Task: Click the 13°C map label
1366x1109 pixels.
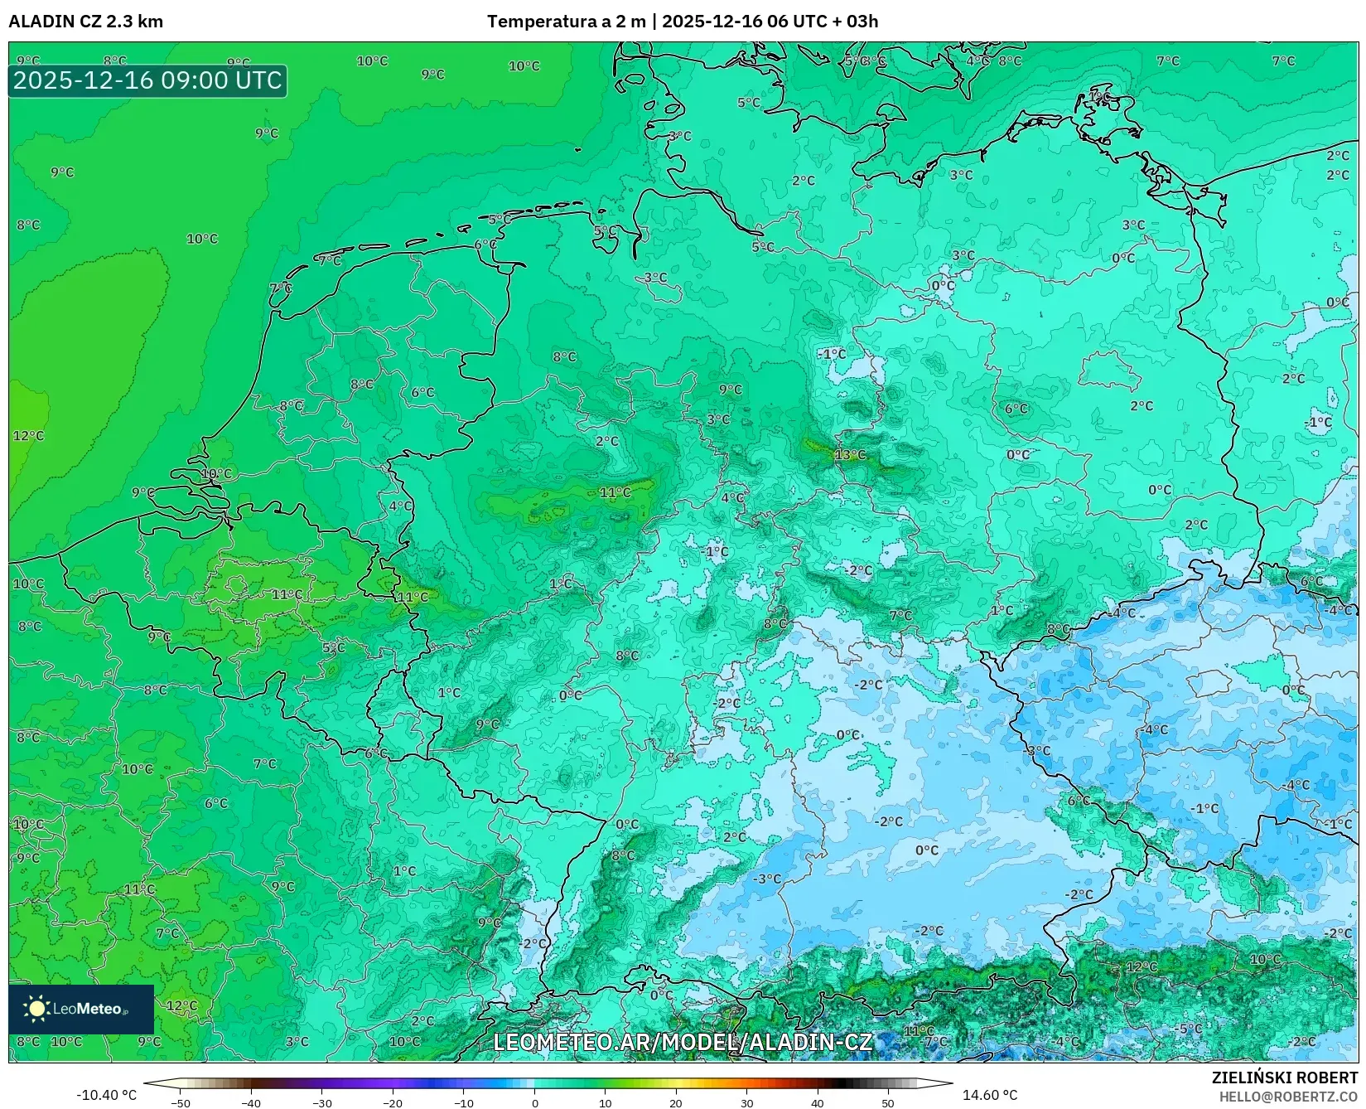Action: pos(850,455)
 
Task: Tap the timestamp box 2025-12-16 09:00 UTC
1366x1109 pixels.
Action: pos(148,80)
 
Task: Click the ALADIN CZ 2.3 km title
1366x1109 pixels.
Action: pos(85,22)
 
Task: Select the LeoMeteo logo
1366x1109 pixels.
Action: pos(81,1009)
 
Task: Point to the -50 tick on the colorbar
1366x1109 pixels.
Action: pos(181,1103)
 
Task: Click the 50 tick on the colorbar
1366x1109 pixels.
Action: pos(888,1103)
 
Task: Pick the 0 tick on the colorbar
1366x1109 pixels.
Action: pos(534,1103)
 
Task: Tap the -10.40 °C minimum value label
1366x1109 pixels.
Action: pos(106,1095)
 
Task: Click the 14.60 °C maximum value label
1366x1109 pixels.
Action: pos(989,1095)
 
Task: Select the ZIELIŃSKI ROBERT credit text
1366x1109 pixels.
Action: pos(1285,1078)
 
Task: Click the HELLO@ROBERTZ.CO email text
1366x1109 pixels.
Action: pos(1288,1097)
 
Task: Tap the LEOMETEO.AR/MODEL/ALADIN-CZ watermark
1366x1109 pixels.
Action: pos(683,1042)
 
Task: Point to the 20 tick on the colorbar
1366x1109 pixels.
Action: pos(676,1103)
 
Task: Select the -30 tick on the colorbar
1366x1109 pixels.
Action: pos(322,1103)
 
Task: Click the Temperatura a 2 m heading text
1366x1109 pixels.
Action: pos(566,22)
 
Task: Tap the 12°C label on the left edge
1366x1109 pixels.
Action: pos(28,436)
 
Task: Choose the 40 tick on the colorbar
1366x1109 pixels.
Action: pos(818,1103)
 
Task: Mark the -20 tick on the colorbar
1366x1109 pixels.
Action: pos(393,1103)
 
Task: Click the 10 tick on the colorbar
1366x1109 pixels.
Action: pos(606,1103)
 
